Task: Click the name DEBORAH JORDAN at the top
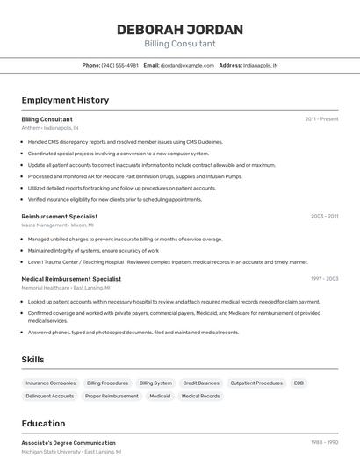click(x=179, y=30)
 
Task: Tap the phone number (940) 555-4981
click(x=120, y=65)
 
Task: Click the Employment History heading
click(x=65, y=100)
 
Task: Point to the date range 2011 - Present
click(x=321, y=118)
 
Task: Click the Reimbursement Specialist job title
click(x=60, y=215)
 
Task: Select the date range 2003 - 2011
click(x=324, y=215)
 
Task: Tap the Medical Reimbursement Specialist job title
click(x=71, y=279)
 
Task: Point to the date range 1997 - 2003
click(x=324, y=279)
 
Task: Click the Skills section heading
click(x=32, y=360)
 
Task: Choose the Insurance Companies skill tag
click(x=51, y=383)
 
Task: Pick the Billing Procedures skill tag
click(x=107, y=383)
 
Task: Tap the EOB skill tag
click(x=299, y=383)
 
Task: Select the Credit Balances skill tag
click(x=201, y=383)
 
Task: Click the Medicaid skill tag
click(x=160, y=397)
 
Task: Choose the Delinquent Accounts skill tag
click(x=50, y=397)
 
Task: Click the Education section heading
click(x=43, y=423)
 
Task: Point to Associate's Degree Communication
click(x=68, y=443)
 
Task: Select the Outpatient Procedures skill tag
click(x=256, y=383)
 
